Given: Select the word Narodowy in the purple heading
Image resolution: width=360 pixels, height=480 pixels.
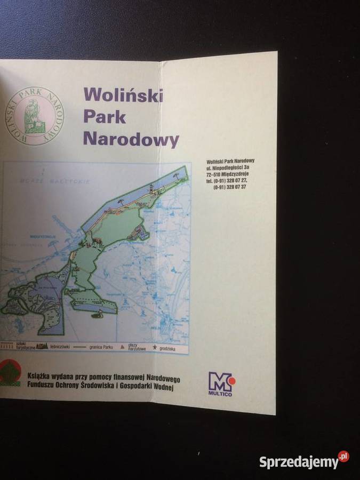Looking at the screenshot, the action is (x=131, y=140).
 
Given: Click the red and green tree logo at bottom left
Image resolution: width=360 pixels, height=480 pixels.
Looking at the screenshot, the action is (x=10, y=373).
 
